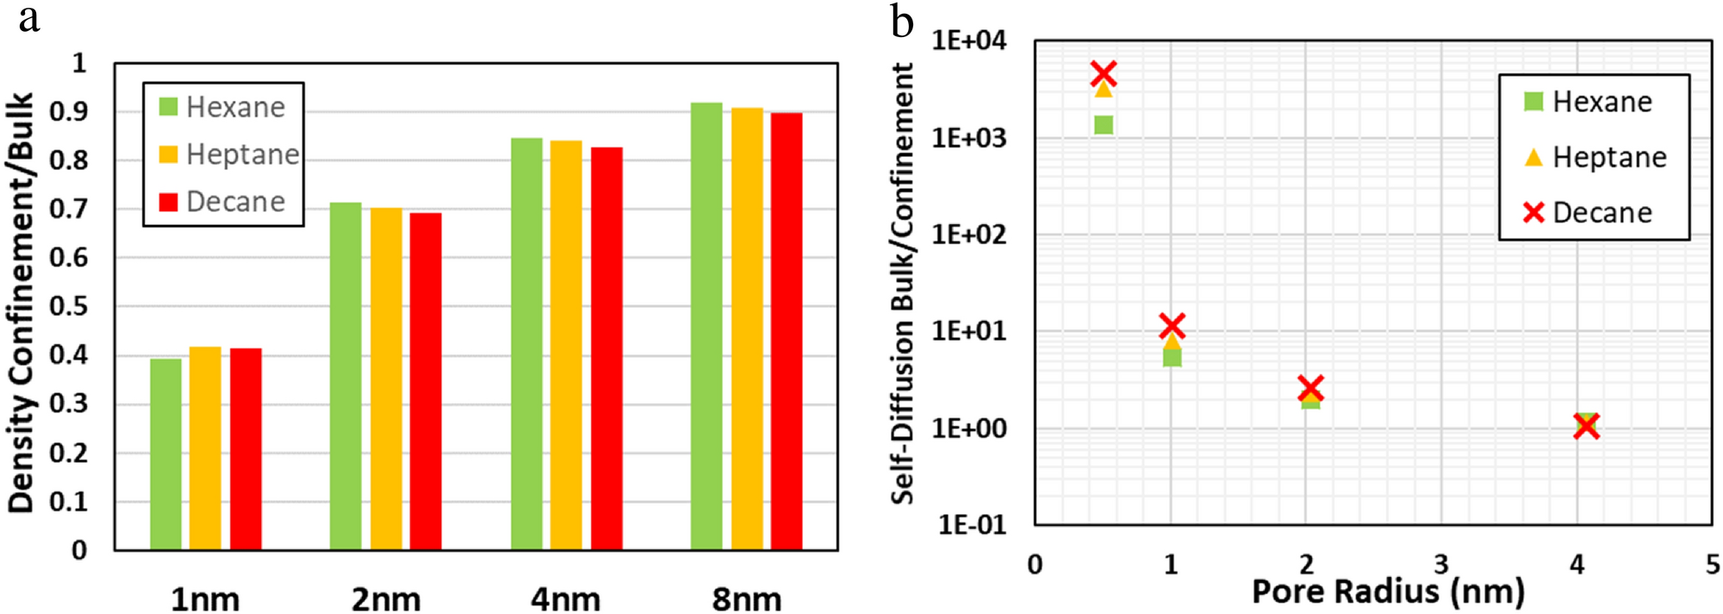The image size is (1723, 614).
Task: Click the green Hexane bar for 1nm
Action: pos(165,454)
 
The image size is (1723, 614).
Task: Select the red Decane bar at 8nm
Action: pos(786,331)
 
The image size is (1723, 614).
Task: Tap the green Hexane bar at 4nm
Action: pos(526,344)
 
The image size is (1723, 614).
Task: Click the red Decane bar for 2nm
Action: pos(426,381)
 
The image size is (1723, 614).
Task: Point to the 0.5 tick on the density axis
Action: pos(78,306)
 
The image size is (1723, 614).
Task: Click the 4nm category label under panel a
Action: pos(565,598)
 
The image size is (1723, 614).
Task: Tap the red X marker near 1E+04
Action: pos(1104,73)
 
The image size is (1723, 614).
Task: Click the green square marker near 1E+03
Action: pos(1104,125)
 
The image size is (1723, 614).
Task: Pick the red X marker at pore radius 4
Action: pos(1586,426)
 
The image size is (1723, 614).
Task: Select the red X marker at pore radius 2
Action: pos(1310,388)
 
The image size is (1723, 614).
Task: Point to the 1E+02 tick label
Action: pos(968,235)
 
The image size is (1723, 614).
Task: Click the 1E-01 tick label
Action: pos(971,525)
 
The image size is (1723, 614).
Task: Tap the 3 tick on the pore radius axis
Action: pos(1441,565)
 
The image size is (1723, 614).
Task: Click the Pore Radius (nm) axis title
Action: pos(1387,592)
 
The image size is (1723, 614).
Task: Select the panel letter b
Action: pos(901,21)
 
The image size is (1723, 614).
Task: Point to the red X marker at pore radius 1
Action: pos(1172,326)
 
